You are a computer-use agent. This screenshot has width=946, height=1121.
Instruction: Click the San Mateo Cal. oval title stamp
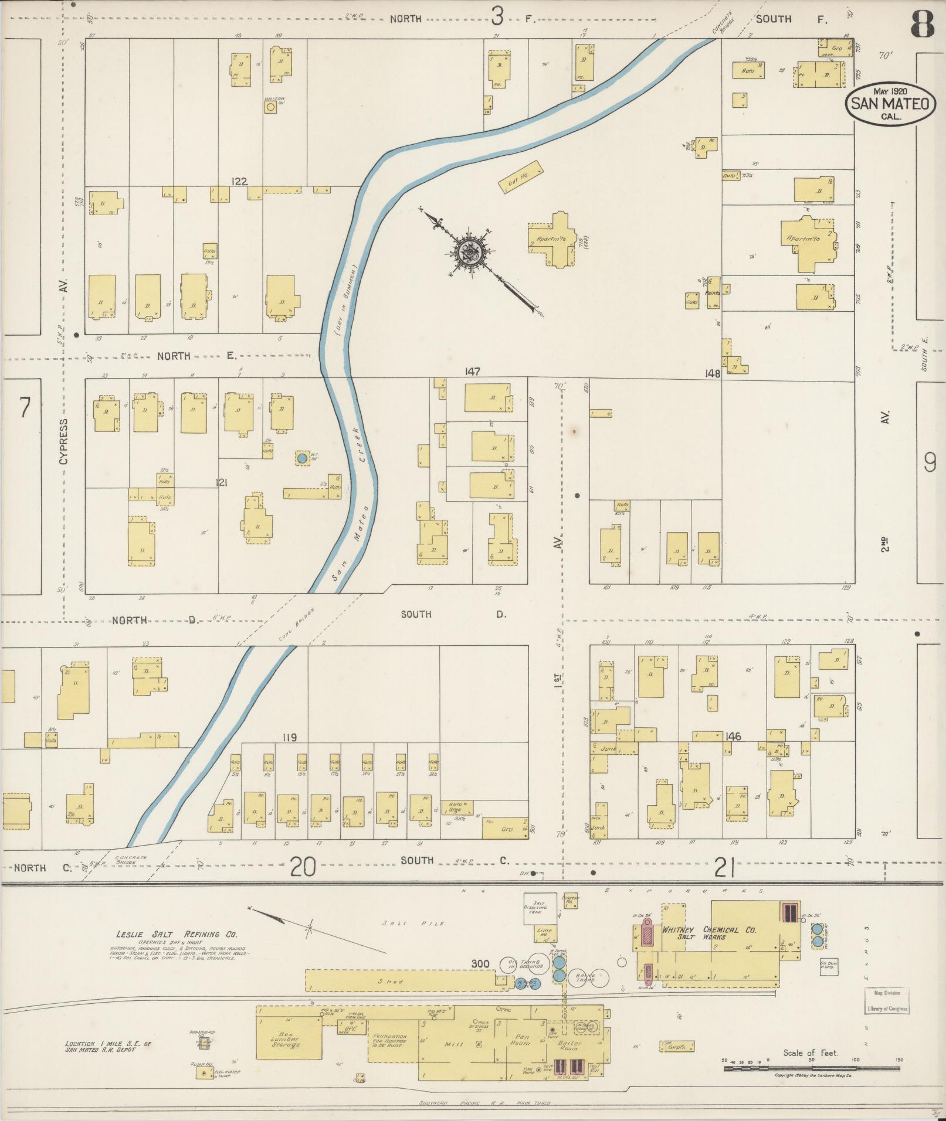pos(890,104)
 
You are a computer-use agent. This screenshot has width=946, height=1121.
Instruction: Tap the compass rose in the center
pos(474,252)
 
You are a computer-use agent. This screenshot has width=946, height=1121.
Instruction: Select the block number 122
pos(239,182)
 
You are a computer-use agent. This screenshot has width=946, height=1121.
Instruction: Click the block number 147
pos(473,372)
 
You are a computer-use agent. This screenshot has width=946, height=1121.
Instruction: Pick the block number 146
pos(733,737)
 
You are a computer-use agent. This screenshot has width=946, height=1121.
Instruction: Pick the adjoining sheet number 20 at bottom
pos(303,866)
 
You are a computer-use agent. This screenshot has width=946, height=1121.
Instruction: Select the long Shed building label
pos(390,981)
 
